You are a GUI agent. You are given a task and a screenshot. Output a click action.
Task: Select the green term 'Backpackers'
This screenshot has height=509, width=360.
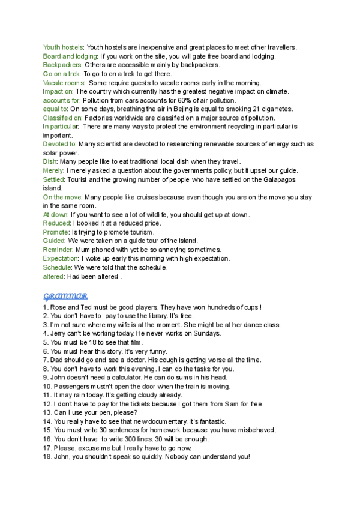tap(62, 65)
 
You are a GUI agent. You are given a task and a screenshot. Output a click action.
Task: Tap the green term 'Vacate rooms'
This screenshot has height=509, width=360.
tap(63, 82)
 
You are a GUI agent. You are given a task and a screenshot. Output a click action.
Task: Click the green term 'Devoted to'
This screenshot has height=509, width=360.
tap(60, 144)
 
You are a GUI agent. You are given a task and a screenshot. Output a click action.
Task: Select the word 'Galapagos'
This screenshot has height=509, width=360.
tap(281, 179)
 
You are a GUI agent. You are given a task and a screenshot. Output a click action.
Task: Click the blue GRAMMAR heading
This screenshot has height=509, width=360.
tap(66, 296)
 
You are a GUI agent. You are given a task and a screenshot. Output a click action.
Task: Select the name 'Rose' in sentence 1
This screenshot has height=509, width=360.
tap(59, 307)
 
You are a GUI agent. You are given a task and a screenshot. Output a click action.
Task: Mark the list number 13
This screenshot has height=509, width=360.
tap(47, 413)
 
